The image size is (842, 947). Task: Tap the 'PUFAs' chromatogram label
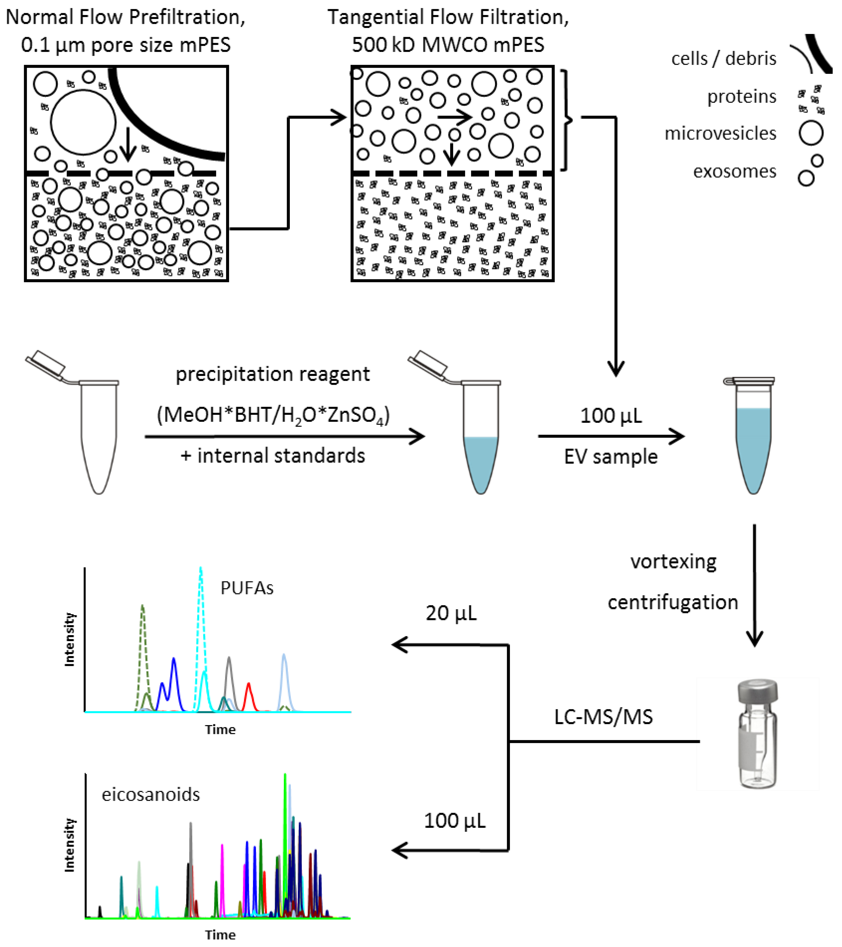click(247, 588)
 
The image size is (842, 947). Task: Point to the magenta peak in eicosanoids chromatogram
click(222, 871)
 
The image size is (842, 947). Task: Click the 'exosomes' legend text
click(734, 171)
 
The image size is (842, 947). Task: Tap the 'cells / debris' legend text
click(723, 59)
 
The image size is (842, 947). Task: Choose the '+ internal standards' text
click(273, 455)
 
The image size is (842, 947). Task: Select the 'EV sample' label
click(610, 457)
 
